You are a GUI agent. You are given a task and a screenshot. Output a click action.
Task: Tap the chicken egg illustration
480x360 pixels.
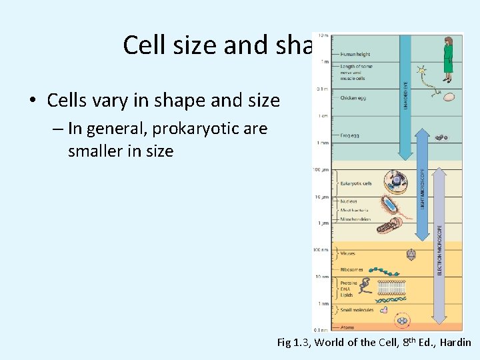coord(449,97)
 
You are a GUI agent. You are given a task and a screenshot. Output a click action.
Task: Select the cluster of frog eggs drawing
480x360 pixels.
coord(441,137)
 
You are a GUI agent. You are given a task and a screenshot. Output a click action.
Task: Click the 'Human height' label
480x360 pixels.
coord(355,55)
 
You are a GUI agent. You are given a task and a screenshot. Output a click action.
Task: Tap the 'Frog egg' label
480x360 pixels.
coord(350,135)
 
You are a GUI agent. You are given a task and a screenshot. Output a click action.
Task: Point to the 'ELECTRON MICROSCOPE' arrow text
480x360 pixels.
coord(439,249)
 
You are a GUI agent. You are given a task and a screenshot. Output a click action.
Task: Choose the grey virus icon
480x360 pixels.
coord(411,254)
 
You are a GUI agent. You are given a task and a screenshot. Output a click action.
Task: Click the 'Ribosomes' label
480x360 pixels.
coord(352,269)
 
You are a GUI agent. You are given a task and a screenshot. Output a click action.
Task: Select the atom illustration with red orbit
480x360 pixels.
coord(403,321)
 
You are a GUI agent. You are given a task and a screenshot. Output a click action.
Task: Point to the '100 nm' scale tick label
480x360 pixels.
coord(321,250)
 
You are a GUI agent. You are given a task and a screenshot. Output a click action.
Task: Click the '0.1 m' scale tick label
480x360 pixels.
coord(322,88)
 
